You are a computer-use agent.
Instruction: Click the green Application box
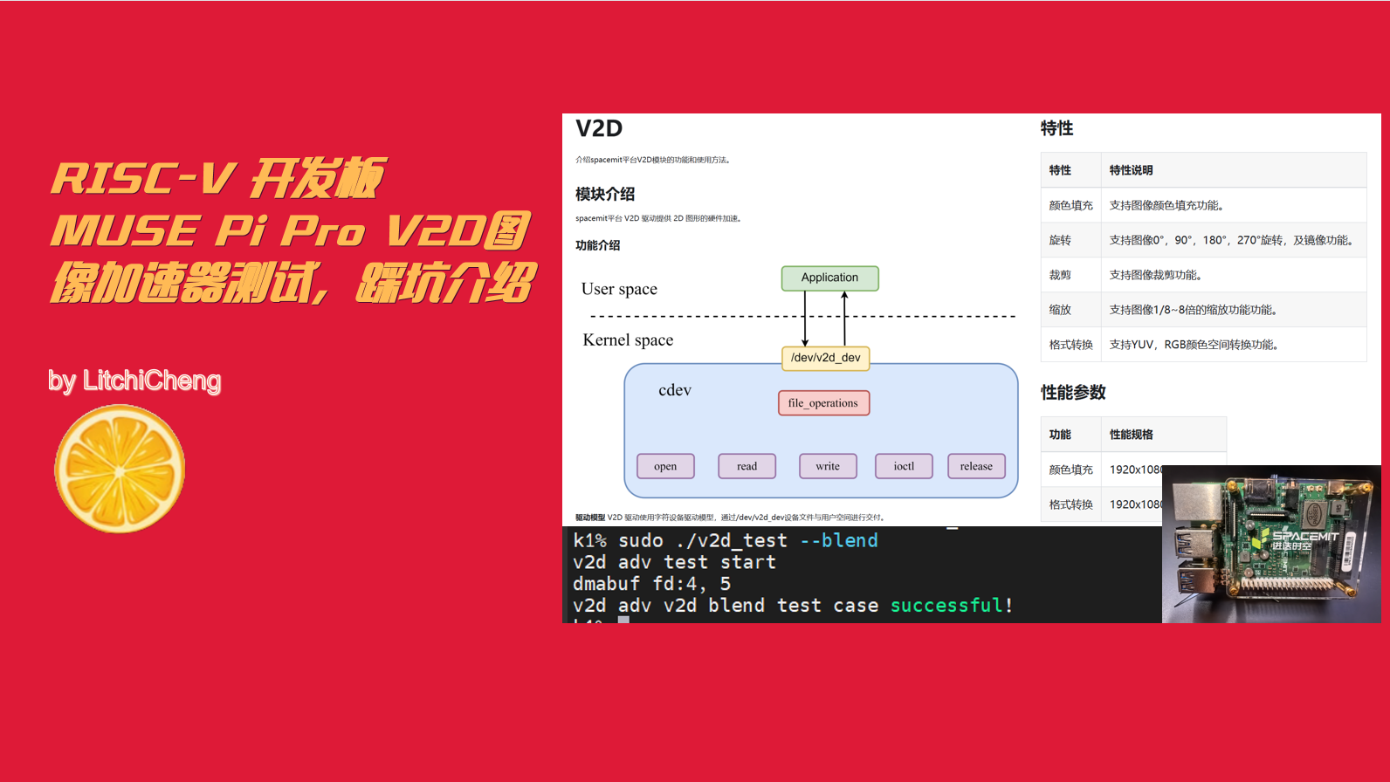[x=829, y=278]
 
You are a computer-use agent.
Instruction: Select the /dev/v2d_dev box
[x=825, y=358]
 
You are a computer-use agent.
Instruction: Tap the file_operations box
[x=823, y=403]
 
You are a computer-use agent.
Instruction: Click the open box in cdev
[x=665, y=467]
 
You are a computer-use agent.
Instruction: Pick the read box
[x=747, y=467]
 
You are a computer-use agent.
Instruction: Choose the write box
[x=828, y=467]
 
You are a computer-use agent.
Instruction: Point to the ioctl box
[x=904, y=467]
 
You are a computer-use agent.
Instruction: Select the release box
[x=976, y=467]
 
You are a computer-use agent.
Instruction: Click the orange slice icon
[x=120, y=469]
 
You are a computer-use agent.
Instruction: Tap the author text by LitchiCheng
[x=134, y=381]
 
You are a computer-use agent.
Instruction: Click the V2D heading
[x=599, y=129]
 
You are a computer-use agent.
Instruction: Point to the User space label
[x=619, y=289]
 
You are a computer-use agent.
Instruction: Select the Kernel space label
[x=628, y=340]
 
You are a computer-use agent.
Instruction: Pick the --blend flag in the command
[x=839, y=541]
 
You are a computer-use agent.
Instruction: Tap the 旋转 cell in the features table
[x=1060, y=240]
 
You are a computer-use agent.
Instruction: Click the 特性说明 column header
[x=1131, y=170]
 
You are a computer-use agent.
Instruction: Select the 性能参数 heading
[x=1073, y=393]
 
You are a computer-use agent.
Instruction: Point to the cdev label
[x=675, y=390]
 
